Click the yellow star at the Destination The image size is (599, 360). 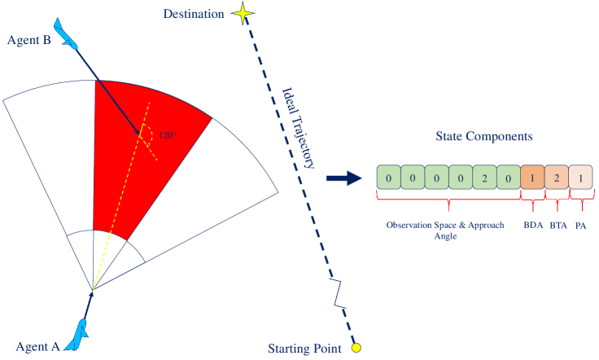242,14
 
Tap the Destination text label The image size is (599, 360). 194,15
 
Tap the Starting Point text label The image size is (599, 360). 304,349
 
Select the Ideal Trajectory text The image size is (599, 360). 298,127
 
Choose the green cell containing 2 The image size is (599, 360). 485,178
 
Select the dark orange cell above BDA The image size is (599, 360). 532,178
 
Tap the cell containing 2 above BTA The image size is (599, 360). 556,178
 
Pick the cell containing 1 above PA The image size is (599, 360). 579,178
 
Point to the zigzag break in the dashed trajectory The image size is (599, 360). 337,291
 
